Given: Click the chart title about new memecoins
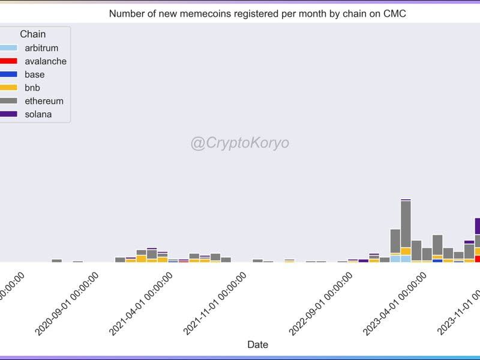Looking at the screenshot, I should pyautogui.click(x=257, y=13).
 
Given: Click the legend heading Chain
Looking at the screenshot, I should pyautogui.click(x=32, y=34).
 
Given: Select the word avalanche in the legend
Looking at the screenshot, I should pyautogui.click(x=46, y=61).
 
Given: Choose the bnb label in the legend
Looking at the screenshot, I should pyautogui.click(x=32, y=88).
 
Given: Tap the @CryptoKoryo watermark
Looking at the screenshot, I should pyautogui.click(x=239, y=143).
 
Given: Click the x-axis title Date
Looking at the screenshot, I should pyautogui.click(x=258, y=344).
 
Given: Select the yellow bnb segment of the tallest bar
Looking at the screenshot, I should pyautogui.click(x=406, y=251).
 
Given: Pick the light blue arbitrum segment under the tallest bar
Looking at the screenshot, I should pyautogui.click(x=406, y=259).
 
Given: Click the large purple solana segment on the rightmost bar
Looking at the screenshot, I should pyautogui.click(x=477, y=226).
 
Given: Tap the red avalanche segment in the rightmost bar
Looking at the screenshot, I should pyautogui.click(x=477, y=259).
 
